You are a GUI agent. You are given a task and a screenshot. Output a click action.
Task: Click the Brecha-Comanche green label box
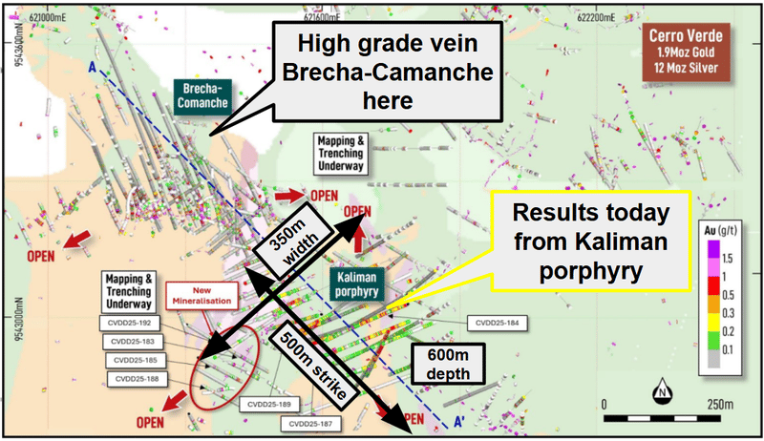point(199,93)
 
